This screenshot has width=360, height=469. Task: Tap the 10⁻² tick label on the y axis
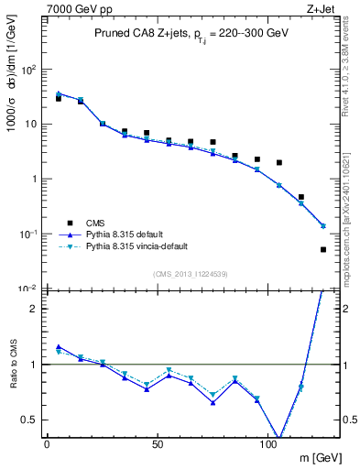click(x=27, y=289)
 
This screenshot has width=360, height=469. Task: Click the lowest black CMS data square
click(x=323, y=249)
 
